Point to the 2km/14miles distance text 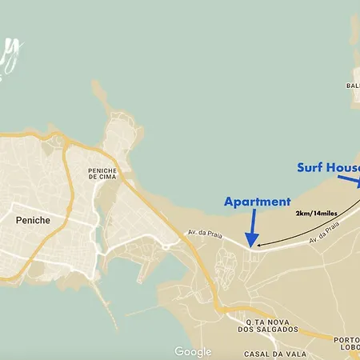click(315, 214)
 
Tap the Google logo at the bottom click(193, 352)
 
